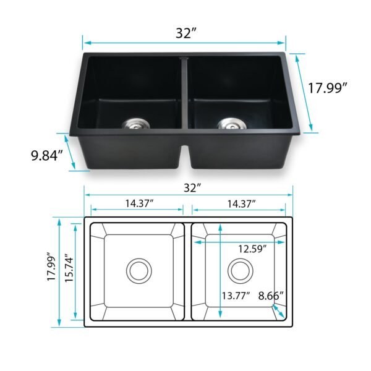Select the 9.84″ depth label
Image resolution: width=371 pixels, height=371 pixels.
point(48,155)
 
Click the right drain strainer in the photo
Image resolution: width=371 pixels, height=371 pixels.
point(228,123)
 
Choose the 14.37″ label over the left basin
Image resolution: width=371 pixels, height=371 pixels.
point(138,203)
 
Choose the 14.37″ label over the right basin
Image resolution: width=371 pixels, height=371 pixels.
point(241,203)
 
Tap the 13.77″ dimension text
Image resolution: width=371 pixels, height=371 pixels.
point(236,296)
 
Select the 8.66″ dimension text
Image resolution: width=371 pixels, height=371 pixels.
point(271,296)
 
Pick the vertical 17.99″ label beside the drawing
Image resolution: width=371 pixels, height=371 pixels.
point(51,270)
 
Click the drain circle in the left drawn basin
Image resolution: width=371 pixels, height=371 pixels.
point(139,270)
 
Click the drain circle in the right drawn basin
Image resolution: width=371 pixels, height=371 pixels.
point(240,270)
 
